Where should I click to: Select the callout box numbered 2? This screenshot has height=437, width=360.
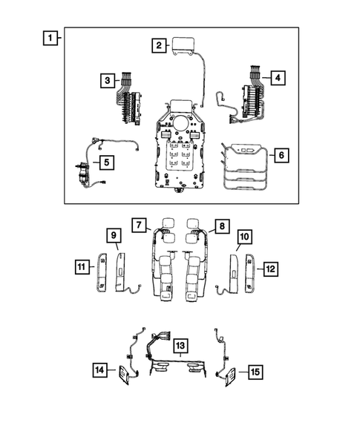pyautogui.click(x=158, y=46)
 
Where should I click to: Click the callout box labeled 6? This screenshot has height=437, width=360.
pyautogui.click(x=281, y=156)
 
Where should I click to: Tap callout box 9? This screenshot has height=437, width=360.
pyautogui.click(x=115, y=237)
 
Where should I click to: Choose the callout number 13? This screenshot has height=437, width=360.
pyautogui.click(x=180, y=346)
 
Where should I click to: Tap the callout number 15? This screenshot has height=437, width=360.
pyautogui.click(x=255, y=369)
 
